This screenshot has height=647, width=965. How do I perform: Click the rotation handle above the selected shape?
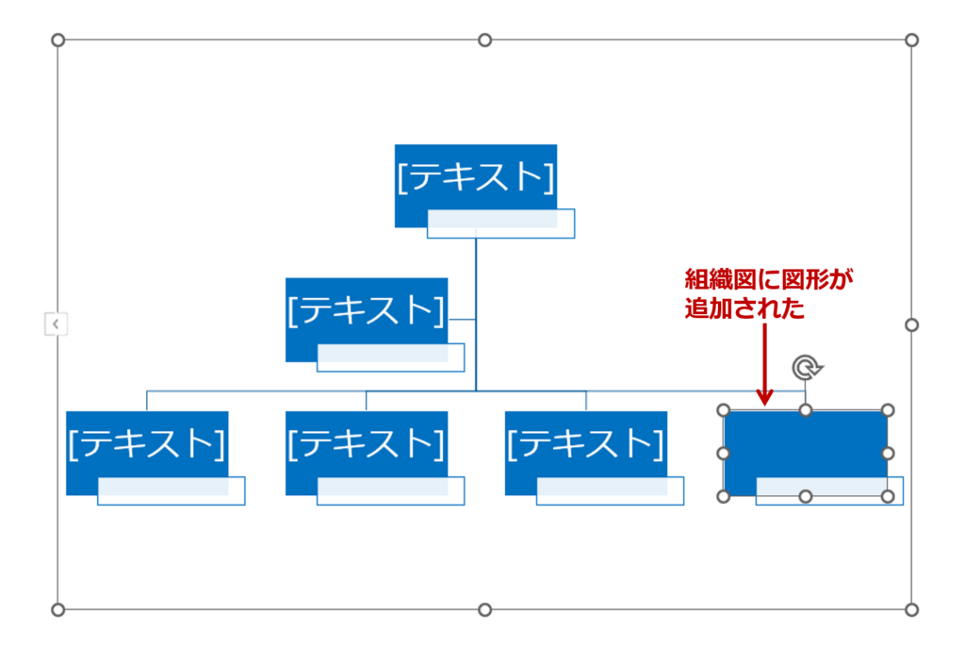pos(805,367)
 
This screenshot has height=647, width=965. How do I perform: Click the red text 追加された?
pos(744,307)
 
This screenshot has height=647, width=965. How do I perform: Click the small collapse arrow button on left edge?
pos(56,324)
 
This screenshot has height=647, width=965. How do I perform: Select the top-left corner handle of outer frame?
pos(57,40)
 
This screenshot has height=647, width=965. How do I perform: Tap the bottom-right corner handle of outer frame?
pos(911,609)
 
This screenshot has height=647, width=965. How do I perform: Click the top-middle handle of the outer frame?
pos(484,40)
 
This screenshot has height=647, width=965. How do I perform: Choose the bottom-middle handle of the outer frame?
pos(484,609)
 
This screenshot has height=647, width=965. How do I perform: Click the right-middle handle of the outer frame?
pos(911,324)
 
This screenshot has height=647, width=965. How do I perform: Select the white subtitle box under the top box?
pos(501,224)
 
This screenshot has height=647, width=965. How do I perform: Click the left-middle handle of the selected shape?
pos(724,454)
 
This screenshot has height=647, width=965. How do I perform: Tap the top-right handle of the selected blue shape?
pos(887,410)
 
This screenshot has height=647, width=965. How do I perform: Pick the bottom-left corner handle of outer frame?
pos(57,609)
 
